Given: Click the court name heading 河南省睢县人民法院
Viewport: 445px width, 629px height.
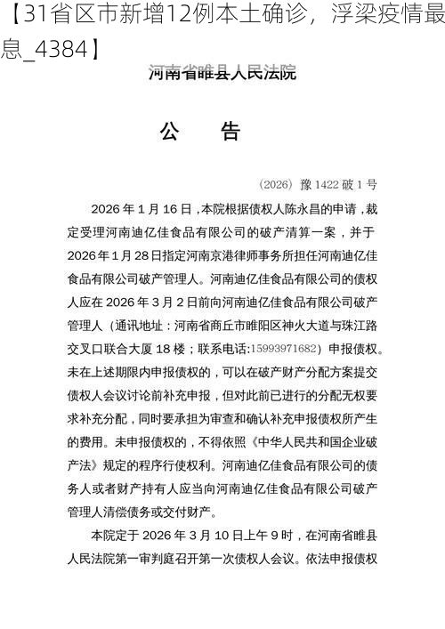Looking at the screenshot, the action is coord(222,73).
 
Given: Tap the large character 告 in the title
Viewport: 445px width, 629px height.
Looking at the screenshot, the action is coord(230,132).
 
